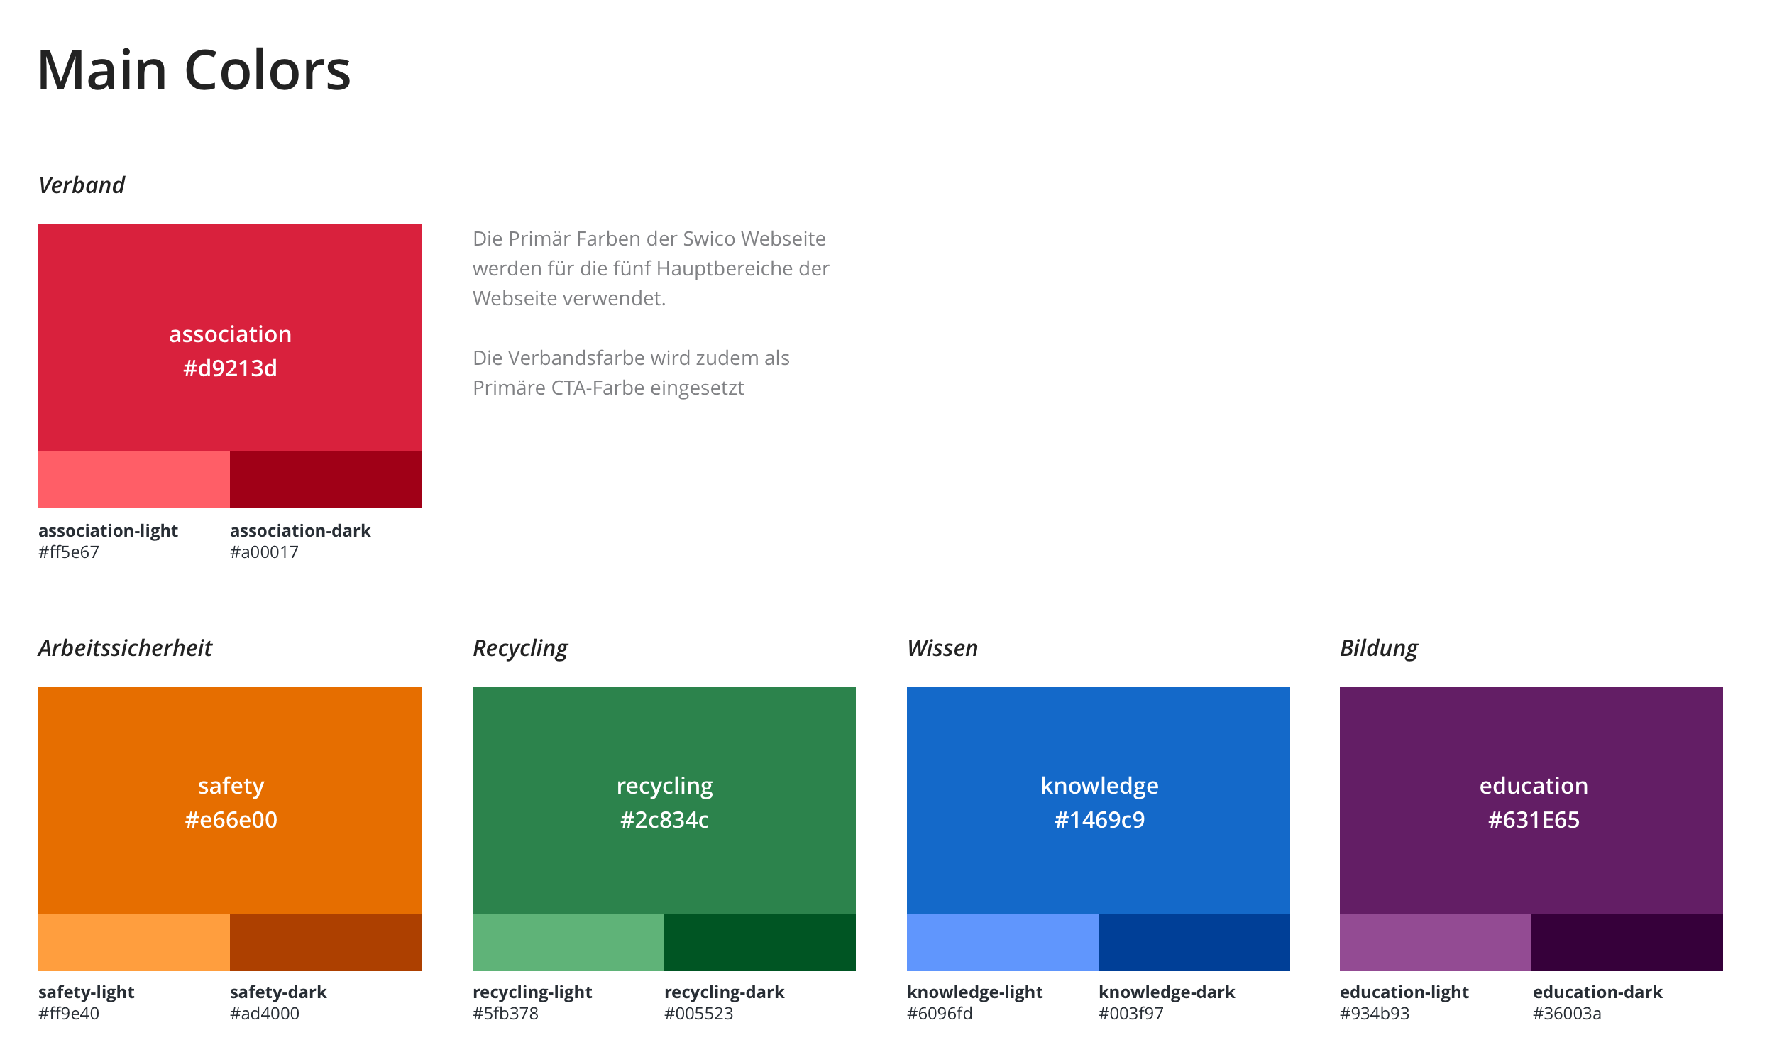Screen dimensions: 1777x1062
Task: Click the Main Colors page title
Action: [x=194, y=71]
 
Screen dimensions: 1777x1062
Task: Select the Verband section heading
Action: [x=82, y=185]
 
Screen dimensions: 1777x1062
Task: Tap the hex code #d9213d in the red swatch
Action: [x=230, y=368]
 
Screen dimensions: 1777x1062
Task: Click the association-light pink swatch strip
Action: [x=134, y=479]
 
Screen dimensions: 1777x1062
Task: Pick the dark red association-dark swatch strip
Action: [x=326, y=479]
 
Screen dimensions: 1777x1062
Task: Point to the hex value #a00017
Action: [x=264, y=552]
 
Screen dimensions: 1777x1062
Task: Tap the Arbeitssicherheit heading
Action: [x=125, y=648]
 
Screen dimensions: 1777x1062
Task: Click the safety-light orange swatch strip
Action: [x=134, y=943]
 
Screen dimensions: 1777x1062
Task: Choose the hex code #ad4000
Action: [x=265, y=1014]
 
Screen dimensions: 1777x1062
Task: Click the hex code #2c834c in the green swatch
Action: [x=664, y=820]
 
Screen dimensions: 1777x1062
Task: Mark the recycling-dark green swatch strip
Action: [x=760, y=943]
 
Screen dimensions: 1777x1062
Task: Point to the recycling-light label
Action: [x=532, y=993]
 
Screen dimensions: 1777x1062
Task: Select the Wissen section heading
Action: [x=942, y=648]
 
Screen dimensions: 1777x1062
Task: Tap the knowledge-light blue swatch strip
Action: [x=1002, y=943]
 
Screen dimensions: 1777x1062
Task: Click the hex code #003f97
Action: [x=1131, y=1014]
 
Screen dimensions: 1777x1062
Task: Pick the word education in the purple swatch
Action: [x=1533, y=786]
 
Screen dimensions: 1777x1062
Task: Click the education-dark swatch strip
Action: [x=1627, y=943]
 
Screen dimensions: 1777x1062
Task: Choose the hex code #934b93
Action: [x=1374, y=1014]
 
